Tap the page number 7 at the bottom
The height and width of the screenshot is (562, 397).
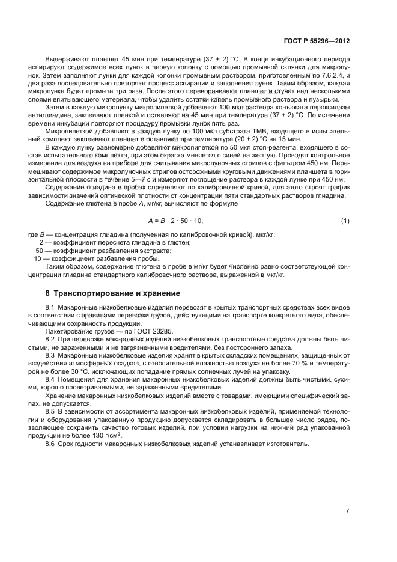click(347, 511)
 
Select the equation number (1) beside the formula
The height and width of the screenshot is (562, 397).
click(345, 221)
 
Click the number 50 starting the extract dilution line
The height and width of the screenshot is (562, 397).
click(40, 249)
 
